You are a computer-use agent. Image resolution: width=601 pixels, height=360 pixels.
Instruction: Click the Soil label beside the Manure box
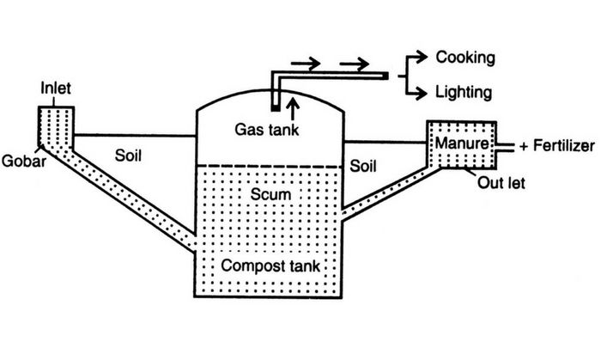pos(367,160)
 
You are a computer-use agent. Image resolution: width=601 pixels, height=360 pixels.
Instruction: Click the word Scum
pos(270,195)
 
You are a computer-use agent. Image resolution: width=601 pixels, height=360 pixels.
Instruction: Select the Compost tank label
pos(270,265)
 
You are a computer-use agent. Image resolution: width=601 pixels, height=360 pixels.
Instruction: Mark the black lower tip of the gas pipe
pos(275,107)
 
